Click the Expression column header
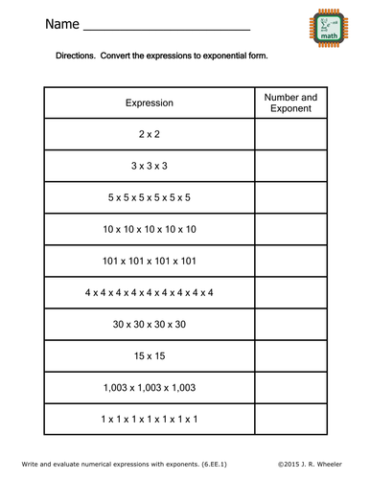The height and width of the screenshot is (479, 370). click(149, 103)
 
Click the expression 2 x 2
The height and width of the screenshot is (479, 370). click(149, 135)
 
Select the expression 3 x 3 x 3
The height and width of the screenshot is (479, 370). click(149, 166)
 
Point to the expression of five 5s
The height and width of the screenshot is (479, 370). click(149, 197)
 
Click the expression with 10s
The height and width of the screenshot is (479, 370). click(149, 229)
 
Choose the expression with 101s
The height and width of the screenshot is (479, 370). click(149, 261)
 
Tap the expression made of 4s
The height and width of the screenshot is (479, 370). click(149, 292)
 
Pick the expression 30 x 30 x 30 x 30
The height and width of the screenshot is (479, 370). click(149, 324)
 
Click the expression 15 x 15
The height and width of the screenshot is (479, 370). click(149, 355)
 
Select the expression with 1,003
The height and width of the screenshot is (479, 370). click(149, 387)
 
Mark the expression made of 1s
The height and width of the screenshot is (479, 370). click(149, 419)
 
